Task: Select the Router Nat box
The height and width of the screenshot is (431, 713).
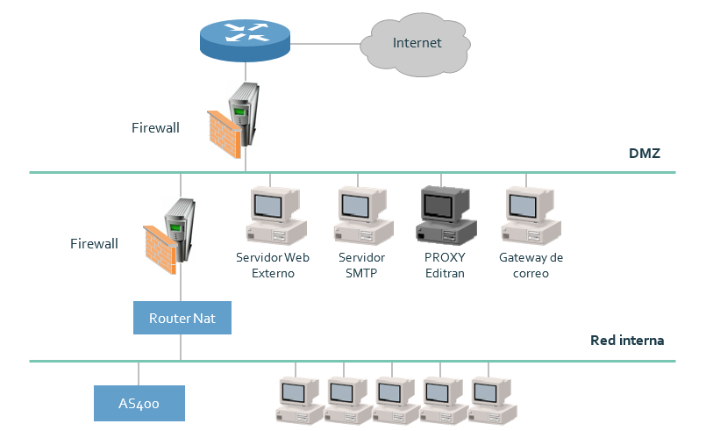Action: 182,318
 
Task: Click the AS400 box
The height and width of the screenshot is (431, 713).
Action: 139,403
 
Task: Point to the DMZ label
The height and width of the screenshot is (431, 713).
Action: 645,154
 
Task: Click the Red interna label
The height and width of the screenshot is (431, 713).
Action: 627,340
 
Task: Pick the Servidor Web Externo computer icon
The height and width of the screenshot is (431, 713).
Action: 273,216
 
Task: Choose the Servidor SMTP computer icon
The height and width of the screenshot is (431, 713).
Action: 360,216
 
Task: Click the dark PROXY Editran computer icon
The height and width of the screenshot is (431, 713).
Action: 446,216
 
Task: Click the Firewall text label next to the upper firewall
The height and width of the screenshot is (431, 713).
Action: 155,128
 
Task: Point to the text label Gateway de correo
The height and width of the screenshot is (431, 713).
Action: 531,265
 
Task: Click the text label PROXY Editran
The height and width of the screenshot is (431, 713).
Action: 444,265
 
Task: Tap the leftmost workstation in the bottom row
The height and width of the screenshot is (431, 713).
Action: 301,400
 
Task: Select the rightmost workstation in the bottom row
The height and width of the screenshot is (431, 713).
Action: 493,400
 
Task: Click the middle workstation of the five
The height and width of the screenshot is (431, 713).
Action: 396,400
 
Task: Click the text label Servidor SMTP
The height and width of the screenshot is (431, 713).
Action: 361,265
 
